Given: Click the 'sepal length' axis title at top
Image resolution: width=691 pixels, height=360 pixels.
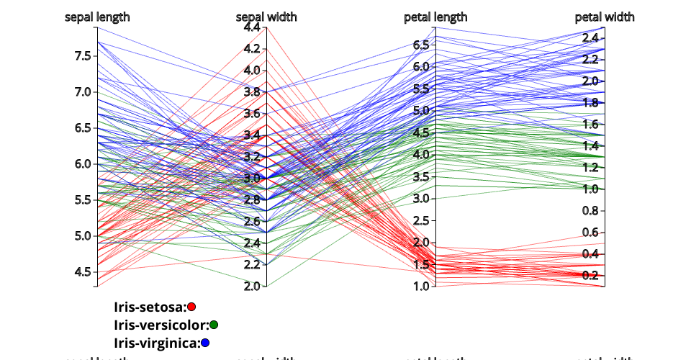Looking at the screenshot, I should point(97,17).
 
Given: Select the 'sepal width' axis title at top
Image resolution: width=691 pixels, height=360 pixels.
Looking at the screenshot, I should point(266,17).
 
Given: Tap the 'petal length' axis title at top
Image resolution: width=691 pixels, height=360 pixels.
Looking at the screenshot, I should point(435,17).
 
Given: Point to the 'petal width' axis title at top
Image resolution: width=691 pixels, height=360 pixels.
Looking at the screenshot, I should point(605,17).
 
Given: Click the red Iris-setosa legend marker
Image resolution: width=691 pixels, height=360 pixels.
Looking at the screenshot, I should point(191,307).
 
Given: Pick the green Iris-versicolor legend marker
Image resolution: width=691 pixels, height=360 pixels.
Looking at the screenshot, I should point(214,325).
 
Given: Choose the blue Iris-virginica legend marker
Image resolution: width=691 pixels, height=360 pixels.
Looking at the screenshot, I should point(206,343).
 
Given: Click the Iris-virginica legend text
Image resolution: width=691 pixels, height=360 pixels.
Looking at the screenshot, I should point(157,343).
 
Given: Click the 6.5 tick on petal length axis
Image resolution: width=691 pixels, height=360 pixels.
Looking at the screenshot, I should point(421,45).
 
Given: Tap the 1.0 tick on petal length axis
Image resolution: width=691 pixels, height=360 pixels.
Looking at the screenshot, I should point(421,287).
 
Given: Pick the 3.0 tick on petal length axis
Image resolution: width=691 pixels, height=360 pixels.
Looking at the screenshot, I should point(421,199).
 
